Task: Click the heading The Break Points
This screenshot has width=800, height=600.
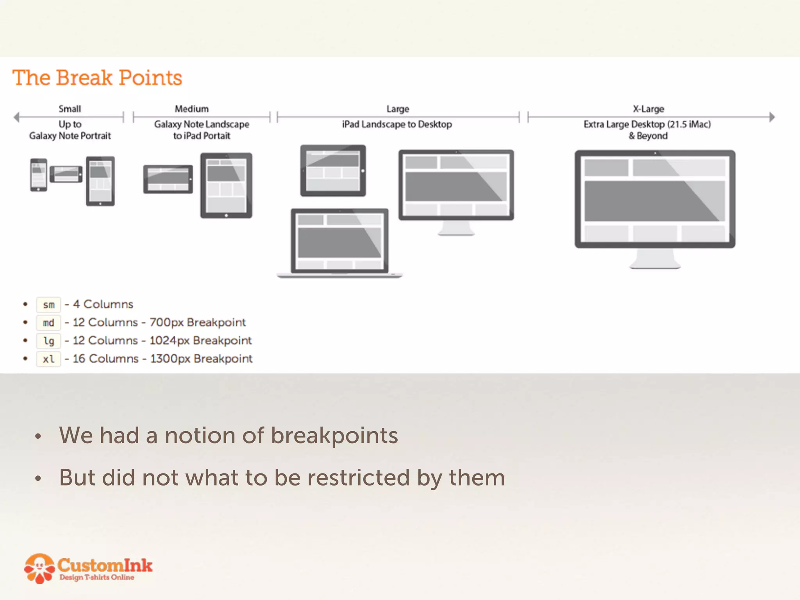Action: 97,78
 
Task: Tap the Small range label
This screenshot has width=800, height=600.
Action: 70,109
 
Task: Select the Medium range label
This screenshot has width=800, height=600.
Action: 191,109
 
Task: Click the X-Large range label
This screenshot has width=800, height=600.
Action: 648,109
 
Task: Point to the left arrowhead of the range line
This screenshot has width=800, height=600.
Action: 16,117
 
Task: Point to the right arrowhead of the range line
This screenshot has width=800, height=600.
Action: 772,117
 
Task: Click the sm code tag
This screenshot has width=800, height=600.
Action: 48,305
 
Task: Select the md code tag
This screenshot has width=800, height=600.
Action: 48,323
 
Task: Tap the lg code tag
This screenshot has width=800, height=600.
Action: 48,341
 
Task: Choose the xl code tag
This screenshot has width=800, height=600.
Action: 48,359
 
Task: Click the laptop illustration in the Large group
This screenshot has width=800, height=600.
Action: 339,242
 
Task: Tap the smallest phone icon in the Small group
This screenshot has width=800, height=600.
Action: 39,175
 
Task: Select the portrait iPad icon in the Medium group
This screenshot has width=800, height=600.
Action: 226,185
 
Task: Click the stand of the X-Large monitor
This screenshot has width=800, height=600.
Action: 655,259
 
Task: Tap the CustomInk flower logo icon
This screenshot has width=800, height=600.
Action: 39,568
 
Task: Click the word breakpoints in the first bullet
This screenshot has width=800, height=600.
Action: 334,436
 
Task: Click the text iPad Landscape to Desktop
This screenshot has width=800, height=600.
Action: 397,124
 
